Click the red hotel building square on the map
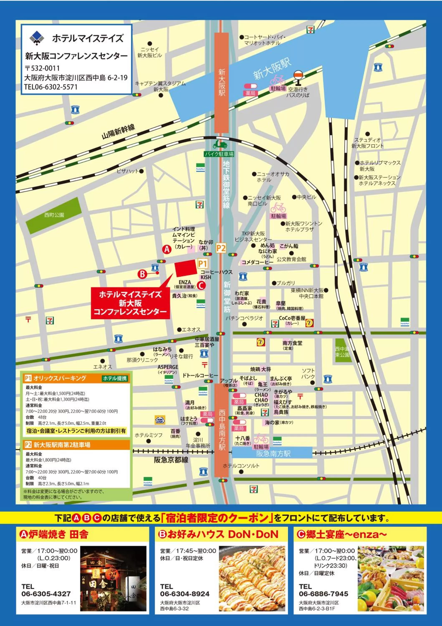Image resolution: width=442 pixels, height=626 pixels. coord(186,268)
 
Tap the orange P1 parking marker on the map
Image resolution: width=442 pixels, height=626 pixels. coord(203,263)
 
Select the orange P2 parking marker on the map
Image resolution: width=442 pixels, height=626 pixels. coord(221,248)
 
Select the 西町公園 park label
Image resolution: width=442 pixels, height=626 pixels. coord(54,215)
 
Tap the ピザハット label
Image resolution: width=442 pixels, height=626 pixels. coord(128,171)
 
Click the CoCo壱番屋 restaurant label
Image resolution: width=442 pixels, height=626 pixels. coord(292,318)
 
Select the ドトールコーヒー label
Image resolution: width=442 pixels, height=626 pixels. coord(200,375)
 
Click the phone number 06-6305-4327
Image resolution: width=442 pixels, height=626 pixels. coord(46,594)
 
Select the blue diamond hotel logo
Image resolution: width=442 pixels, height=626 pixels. coord(37,38)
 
